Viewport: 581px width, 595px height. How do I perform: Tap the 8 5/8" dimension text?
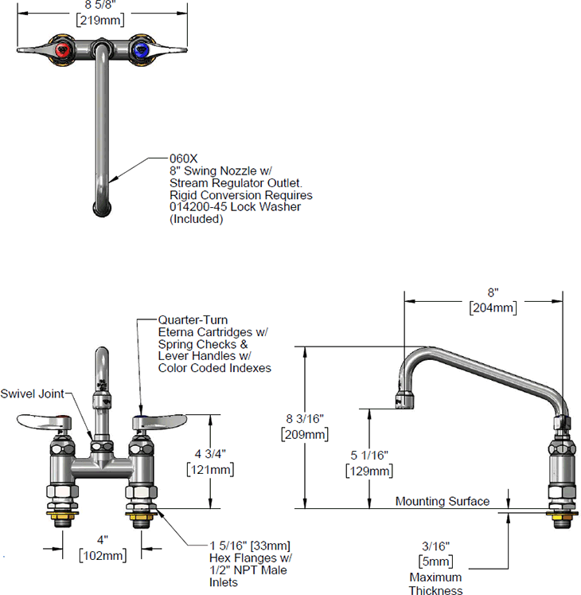coord(99,5)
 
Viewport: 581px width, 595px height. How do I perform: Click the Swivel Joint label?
coord(33,393)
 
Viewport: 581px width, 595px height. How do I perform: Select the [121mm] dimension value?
coord(209,469)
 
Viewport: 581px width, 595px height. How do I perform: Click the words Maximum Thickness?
coord(435,584)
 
